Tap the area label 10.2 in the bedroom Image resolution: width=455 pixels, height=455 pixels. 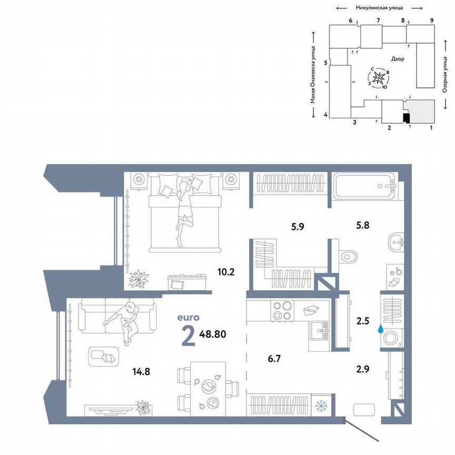coord(225,273)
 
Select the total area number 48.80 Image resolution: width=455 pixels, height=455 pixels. coord(216,333)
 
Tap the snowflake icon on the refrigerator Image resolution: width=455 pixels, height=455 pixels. coord(320,405)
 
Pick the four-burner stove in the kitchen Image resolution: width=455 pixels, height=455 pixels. coord(282,310)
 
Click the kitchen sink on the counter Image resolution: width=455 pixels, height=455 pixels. coord(319,332)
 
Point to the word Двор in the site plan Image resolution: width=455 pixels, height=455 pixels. coord(398,59)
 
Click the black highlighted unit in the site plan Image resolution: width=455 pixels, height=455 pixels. coord(406,117)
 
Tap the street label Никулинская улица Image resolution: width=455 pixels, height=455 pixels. coord(379,8)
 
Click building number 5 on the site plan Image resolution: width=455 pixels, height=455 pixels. coord(326,63)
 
